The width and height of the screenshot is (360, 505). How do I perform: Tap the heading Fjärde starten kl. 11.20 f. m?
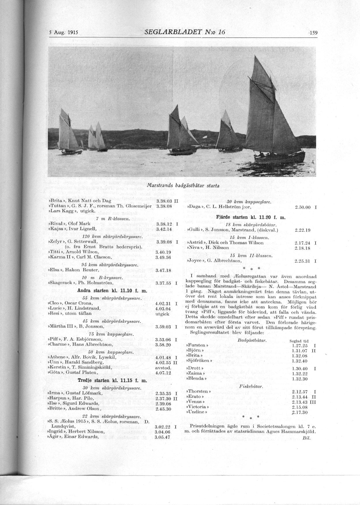pyautogui.click(x=251, y=217)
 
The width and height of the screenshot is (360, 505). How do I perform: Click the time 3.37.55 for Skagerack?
pyautogui.click(x=164, y=283)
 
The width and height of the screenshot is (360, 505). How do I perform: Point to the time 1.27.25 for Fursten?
pyautogui.click(x=300, y=345)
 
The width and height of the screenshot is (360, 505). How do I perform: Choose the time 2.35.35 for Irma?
pyautogui.click(x=163, y=393)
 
